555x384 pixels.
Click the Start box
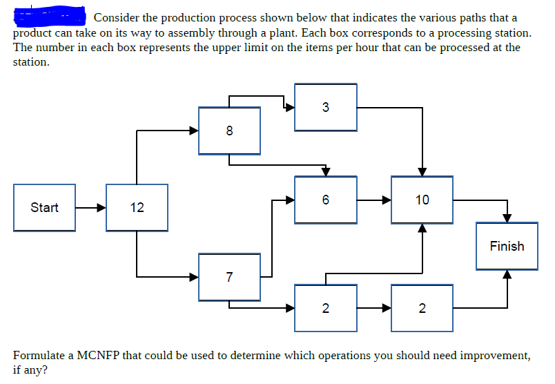click(x=45, y=207)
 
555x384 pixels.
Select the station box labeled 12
click(x=137, y=207)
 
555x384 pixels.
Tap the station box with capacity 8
click(x=229, y=130)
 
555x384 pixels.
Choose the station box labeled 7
click(x=229, y=277)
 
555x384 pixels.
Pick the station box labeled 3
click(x=325, y=107)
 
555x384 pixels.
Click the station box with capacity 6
click(x=325, y=200)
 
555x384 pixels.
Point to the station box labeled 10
click(x=422, y=200)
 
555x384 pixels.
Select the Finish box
click(x=507, y=246)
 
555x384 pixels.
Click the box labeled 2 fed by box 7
click(x=325, y=307)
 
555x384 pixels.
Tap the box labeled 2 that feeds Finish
click(x=422, y=307)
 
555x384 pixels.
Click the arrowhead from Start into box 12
click(x=101, y=207)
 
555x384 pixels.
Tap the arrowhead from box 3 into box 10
click(x=422, y=171)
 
